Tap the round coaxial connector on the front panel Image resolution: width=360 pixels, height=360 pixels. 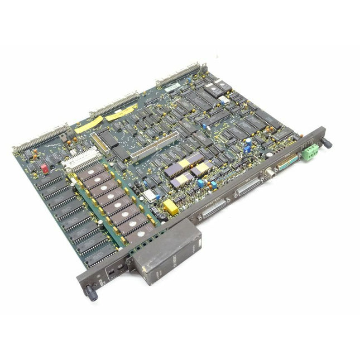pos(269,173)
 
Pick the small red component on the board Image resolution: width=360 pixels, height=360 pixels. pos(45,167)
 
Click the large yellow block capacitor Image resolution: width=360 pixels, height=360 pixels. pos(171,209)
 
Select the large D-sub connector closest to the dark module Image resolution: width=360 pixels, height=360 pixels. pos(213,209)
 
